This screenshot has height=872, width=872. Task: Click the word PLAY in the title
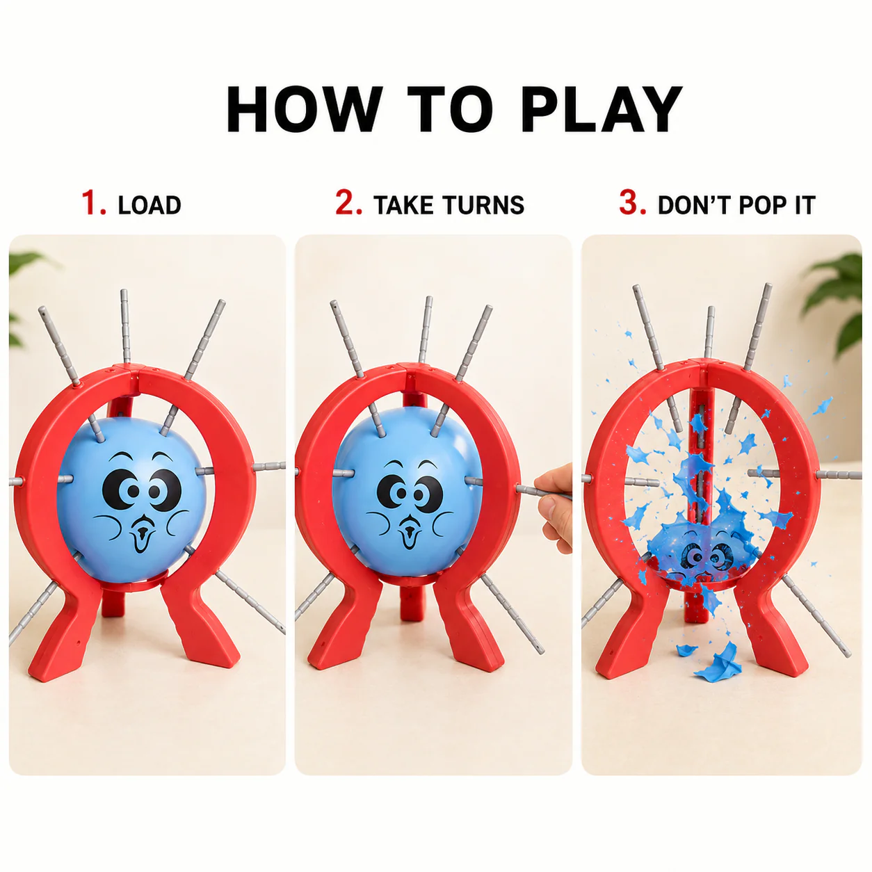point(601,109)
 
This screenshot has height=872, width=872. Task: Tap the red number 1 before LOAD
point(92,203)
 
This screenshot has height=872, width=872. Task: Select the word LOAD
point(150,205)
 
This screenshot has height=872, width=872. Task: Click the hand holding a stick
point(556,507)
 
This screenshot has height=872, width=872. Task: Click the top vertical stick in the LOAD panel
point(125,327)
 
